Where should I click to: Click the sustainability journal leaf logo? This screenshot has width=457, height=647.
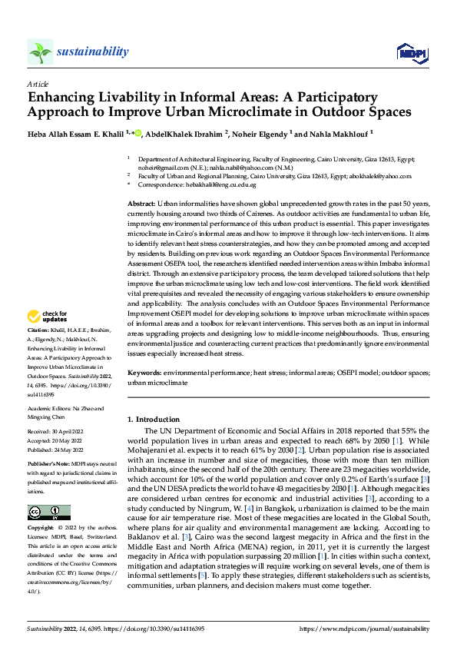point(40,51)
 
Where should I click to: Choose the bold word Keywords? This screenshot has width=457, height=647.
point(145,372)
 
